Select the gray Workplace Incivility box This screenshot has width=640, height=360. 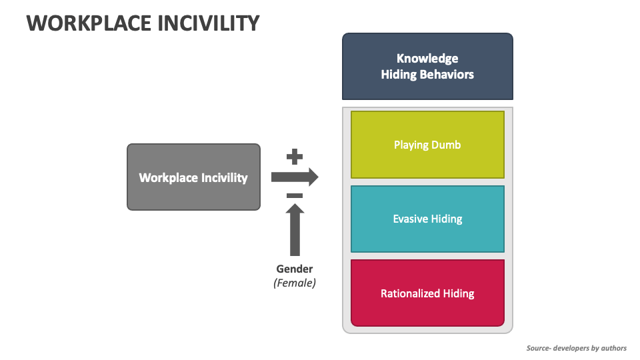[193, 177]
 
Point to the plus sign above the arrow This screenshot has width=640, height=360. [295, 157]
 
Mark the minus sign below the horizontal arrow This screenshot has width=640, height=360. [295, 196]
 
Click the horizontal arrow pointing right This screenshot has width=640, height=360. [294, 177]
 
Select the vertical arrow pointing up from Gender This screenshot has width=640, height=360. [295, 230]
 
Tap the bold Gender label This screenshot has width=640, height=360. [295, 269]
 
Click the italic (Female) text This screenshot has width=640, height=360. [295, 283]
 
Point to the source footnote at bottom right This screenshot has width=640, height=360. [576, 348]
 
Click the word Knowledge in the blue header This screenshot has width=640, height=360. [427, 59]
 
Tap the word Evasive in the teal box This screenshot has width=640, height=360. [411, 219]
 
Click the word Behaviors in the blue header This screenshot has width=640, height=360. [448, 75]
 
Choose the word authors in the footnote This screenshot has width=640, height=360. [611, 348]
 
